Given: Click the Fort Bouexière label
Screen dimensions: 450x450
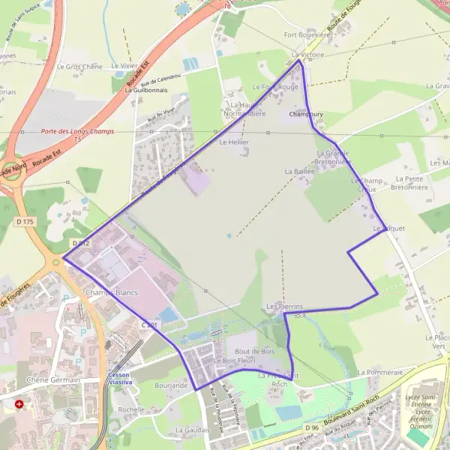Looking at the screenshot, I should coord(307,34).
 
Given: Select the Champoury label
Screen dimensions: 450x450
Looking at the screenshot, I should coord(306,115).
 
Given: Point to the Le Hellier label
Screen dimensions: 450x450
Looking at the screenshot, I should coord(233,142).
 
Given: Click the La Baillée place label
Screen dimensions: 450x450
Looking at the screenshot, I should coord(299,171).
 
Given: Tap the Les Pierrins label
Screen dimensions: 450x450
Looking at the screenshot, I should coord(284,307).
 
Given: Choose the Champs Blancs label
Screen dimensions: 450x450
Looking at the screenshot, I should coord(111,292).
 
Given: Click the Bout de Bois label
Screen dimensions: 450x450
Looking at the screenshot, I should coord(253,351).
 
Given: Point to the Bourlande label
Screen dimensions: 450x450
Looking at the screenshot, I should coord(172,385).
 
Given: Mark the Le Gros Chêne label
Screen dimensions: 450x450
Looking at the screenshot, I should coord(79,67).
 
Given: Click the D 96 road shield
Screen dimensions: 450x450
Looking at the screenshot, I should coord(311,427).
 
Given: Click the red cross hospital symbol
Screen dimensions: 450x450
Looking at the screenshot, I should coord(19,403).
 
